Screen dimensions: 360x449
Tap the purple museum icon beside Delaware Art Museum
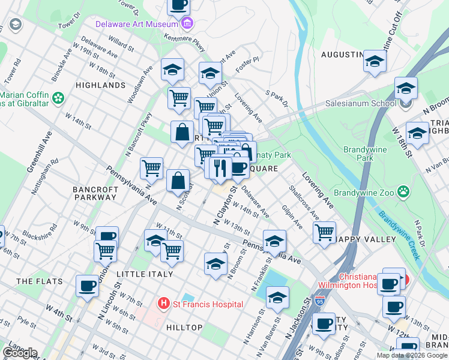(x=187, y=24)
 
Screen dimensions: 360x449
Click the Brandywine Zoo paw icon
(x=406, y=193)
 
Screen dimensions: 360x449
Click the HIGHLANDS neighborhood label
(x=101, y=85)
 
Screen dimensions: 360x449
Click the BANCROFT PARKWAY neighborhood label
(x=95, y=193)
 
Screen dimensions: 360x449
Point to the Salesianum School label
(x=360, y=103)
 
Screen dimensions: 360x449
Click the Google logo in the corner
(x=19, y=353)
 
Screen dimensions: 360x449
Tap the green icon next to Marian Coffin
(x=58, y=97)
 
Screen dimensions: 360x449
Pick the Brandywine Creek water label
(x=399, y=235)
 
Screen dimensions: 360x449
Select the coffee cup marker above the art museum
(x=178, y=5)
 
